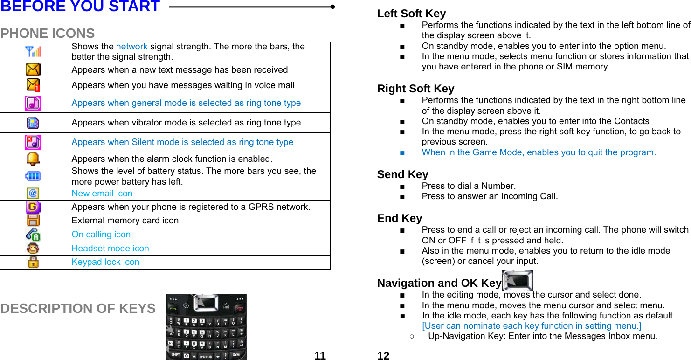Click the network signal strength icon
click(33, 51)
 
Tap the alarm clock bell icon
click(33, 159)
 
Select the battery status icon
click(33, 176)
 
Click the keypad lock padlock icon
click(33, 262)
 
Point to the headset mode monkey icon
click(33, 249)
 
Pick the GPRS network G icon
click(33, 207)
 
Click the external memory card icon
click(33, 220)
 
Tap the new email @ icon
click(33, 193)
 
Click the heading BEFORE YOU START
click(80, 7)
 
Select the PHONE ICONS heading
click(48, 34)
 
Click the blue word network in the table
click(131, 47)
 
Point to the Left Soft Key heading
click(411, 14)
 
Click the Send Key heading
click(402, 174)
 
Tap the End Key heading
click(400, 218)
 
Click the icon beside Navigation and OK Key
click(517, 281)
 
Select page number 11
click(320, 356)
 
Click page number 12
click(383, 356)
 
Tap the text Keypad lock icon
click(105, 262)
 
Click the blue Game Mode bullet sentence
click(539, 152)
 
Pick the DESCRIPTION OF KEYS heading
click(78, 309)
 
